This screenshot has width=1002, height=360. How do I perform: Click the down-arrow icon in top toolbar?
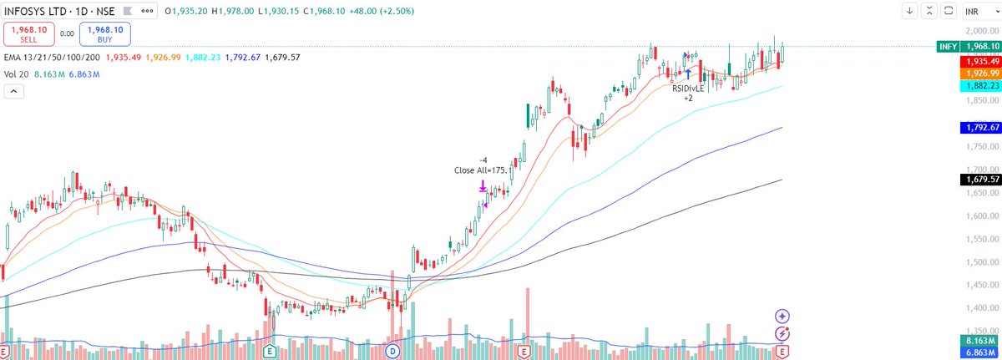click(909, 12)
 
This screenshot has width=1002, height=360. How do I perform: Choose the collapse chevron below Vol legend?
click(13, 92)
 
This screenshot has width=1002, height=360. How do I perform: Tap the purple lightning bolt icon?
click(782, 333)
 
